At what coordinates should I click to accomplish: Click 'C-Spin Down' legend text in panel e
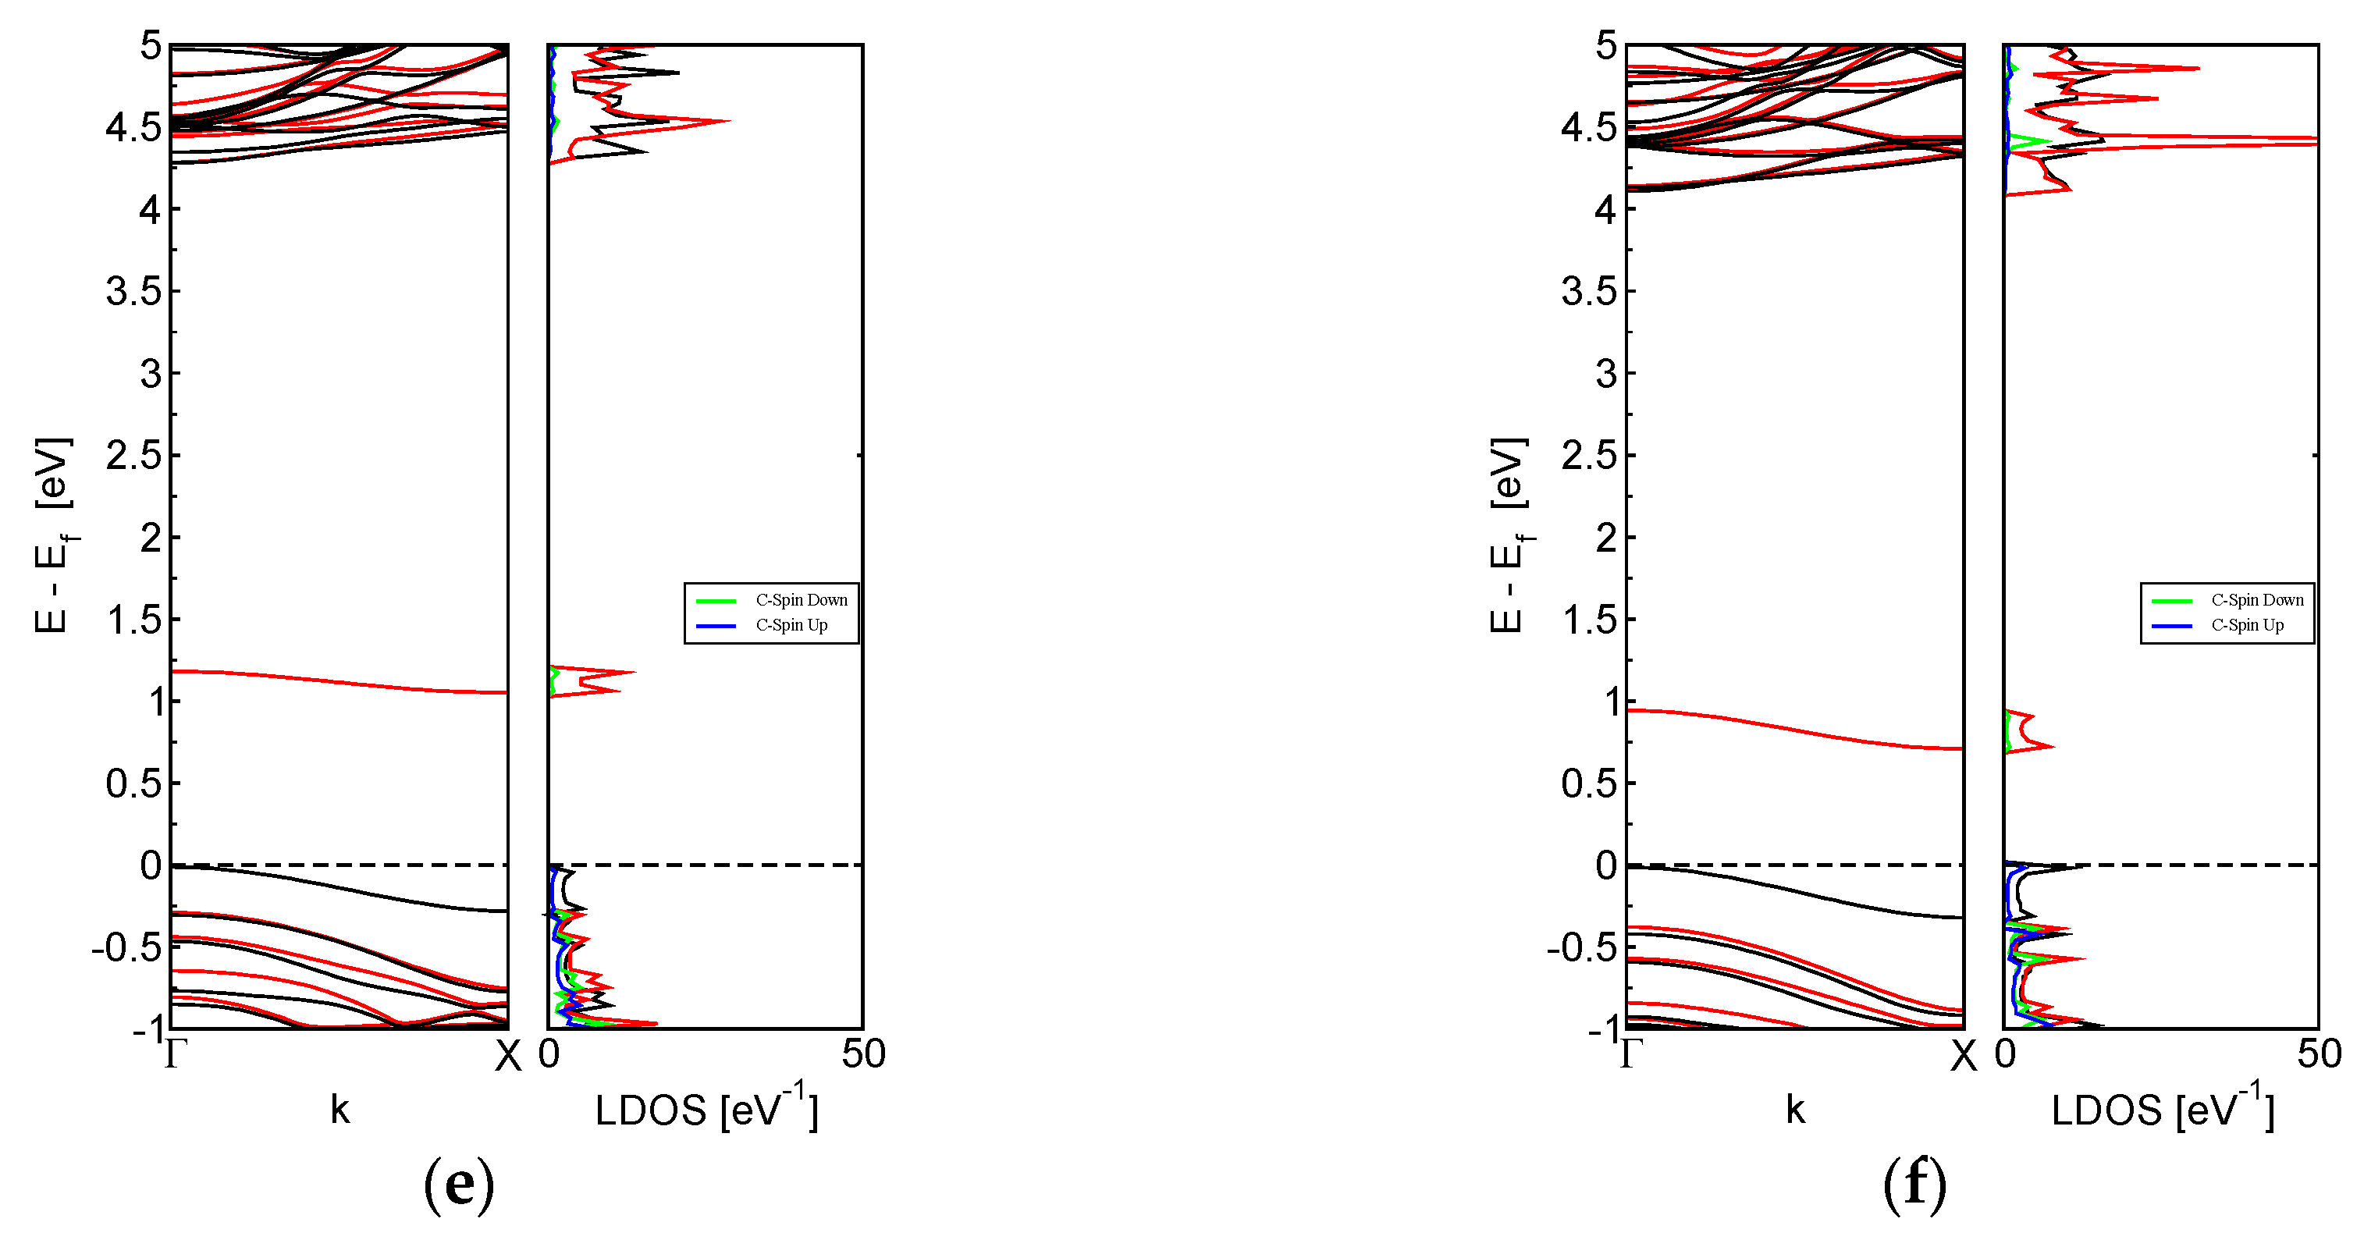[802, 600]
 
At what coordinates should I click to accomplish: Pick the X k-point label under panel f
[1963, 1057]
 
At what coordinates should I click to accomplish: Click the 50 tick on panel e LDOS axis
[862, 1053]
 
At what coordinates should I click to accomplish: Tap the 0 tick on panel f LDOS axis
[2004, 1053]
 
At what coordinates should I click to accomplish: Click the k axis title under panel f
[1795, 1110]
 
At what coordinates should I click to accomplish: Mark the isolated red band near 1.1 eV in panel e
[339, 681]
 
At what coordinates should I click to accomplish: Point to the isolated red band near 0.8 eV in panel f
[1795, 730]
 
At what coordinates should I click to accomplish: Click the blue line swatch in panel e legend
[716, 626]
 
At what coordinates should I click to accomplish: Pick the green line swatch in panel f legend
[2171, 601]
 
